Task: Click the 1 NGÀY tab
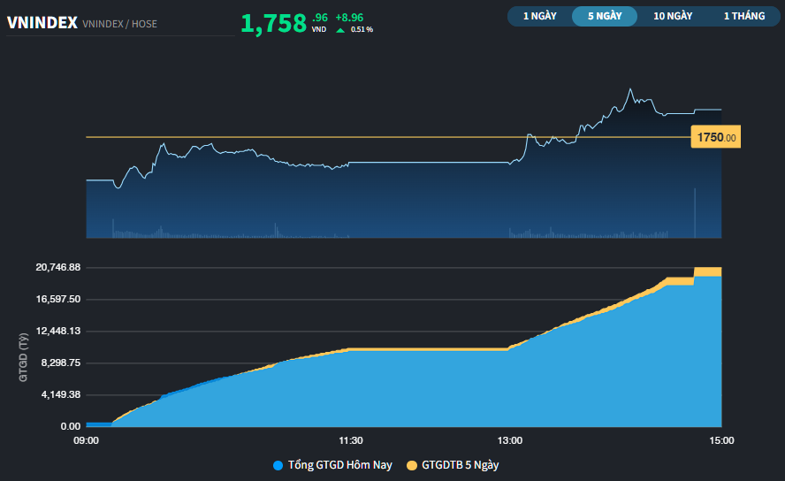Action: pyautogui.click(x=539, y=16)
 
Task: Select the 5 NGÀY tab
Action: pyautogui.click(x=605, y=16)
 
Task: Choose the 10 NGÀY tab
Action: pyautogui.click(x=673, y=16)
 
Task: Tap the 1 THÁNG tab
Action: pyautogui.click(x=743, y=16)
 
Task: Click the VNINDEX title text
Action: pyautogui.click(x=42, y=23)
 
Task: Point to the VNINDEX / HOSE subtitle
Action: pyautogui.click(x=119, y=24)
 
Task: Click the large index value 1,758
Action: pyautogui.click(x=274, y=24)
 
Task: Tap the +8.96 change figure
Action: pyautogui.click(x=348, y=17)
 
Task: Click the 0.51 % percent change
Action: pyautogui.click(x=362, y=30)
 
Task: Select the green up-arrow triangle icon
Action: pyautogui.click(x=340, y=30)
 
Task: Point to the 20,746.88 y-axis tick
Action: pyautogui.click(x=58, y=267)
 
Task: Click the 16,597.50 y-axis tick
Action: pyautogui.click(x=58, y=299)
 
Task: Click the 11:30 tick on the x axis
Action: pyautogui.click(x=351, y=440)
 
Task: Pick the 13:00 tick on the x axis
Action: pyautogui.click(x=510, y=440)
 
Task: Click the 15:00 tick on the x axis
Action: pyautogui.click(x=720, y=440)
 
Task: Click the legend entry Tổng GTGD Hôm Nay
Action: pyautogui.click(x=332, y=465)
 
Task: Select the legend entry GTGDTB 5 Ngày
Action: pyautogui.click(x=458, y=465)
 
